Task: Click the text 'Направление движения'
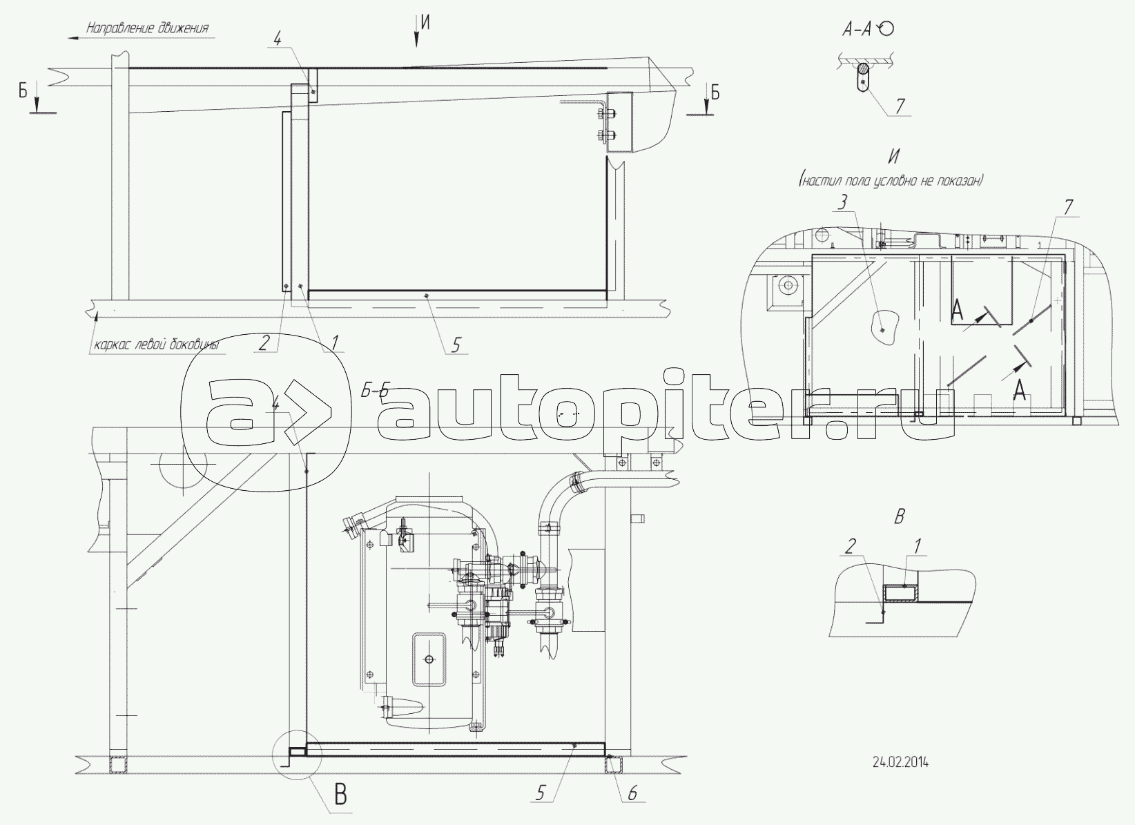(148, 28)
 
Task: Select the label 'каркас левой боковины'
(156, 346)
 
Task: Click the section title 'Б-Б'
(374, 391)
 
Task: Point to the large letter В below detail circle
(340, 795)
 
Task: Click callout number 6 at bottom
(632, 793)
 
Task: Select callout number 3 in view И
(842, 203)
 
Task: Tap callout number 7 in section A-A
(899, 106)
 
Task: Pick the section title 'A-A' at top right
(857, 30)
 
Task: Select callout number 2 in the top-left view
(264, 344)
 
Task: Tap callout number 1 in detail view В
(917, 546)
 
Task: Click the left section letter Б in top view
(23, 92)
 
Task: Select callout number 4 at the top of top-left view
(278, 39)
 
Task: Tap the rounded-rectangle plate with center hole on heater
(429, 659)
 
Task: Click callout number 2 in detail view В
(851, 546)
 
